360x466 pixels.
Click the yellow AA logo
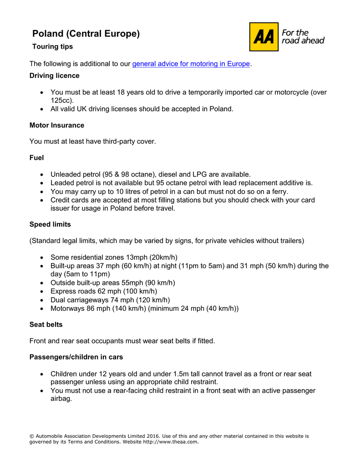[264, 37]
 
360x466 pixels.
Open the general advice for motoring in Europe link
[191, 64]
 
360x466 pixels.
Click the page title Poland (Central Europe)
[86, 34]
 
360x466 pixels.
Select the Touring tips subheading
[52, 46]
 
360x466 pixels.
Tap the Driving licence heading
[55, 76]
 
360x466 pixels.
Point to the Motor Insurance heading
[57, 125]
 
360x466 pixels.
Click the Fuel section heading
[37, 157]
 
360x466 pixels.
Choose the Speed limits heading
[50, 224]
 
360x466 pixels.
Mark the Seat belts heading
[46, 324]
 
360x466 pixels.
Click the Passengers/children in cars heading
[76, 357]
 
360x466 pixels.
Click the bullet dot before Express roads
[42, 291]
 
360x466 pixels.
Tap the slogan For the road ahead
[303, 36]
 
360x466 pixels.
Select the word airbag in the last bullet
[61, 399]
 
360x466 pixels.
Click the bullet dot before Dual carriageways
[42, 300]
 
